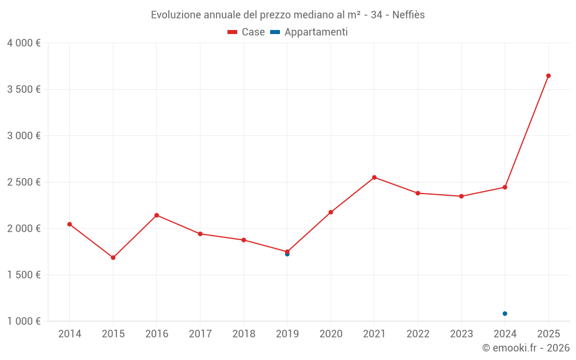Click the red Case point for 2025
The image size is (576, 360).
[x=548, y=75]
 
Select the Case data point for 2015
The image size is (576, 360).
[x=113, y=257]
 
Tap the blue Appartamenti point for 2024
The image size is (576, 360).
[x=505, y=313]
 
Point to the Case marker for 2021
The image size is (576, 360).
[x=374, y=177]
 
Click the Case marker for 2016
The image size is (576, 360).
[x=157, y=215]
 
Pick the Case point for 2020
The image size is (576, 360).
[x=331, y=212]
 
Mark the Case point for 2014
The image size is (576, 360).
[x=70, y=224]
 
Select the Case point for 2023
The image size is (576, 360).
[x=461, y=196]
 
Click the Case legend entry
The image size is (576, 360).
[x=247, y=32]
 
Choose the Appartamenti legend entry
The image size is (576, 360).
[x=309, y=32]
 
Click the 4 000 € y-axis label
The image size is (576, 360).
[x=24, y=43]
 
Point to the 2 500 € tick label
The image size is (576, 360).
[x=24, y=182]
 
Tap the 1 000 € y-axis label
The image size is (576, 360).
[x=24, y=321]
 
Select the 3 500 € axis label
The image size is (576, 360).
[x=24, y=89]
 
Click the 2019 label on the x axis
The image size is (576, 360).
[x=287, y=334]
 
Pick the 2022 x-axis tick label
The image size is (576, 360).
[x=418, y=334]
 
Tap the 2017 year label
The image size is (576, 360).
[x=200, y=334]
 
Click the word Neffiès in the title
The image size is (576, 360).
[x=408, y=15]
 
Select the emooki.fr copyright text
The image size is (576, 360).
[x=526, y=348]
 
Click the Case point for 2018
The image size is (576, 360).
[x=244, y=240]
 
